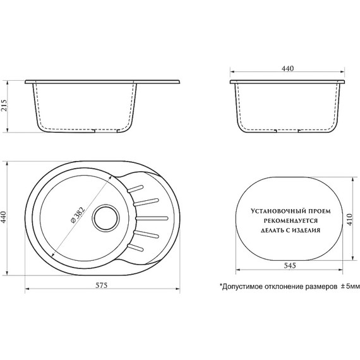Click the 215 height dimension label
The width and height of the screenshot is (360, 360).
pos(5,107)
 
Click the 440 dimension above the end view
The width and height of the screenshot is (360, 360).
pos(289,68)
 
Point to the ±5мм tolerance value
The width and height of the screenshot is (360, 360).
pos(349,286)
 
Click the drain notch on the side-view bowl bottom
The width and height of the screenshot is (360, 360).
pos(95,131)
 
